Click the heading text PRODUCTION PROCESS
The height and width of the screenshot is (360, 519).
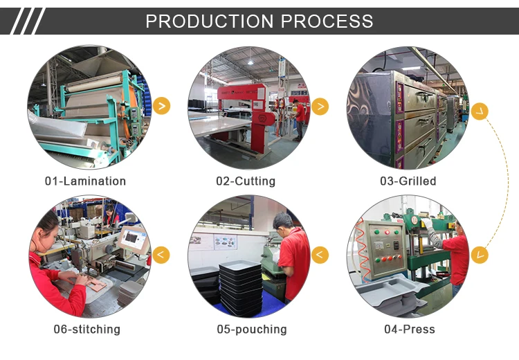[x=259, y=21]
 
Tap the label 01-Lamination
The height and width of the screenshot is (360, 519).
[x=85, y=181]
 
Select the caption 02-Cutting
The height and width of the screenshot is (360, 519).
[x=245, y=181]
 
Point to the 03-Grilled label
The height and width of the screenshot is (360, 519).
[x=408, y=181]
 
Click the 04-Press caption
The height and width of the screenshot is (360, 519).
[x=410, y=330]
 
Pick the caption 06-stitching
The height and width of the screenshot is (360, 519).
[x=86, y=330]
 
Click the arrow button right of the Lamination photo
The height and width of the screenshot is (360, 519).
[x=161, y=106]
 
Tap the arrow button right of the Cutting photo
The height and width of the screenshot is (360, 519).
[x=320, y=106]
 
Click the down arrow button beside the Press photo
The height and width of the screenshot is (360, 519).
[x=480, y=255]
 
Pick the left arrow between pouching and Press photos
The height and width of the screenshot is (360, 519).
[x=320, y=255]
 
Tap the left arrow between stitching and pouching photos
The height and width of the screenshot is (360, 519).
[x=161, y=255]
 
